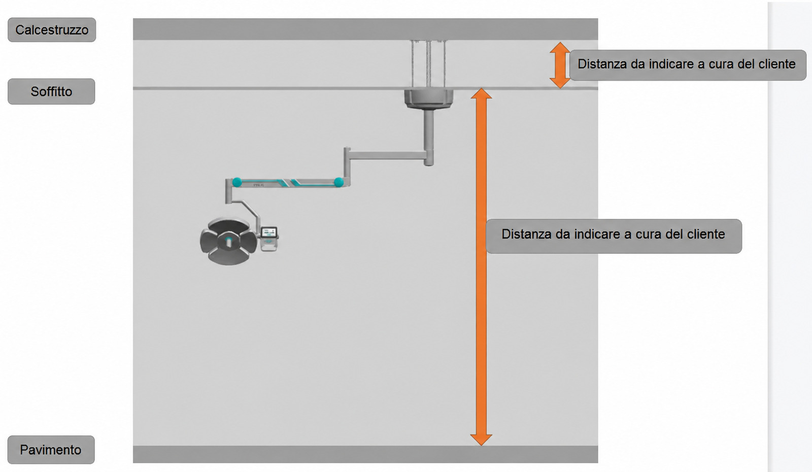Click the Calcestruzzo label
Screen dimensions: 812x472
coord(52,30)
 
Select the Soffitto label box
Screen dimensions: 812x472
coord(51,91)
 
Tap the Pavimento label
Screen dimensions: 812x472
coord(51,450)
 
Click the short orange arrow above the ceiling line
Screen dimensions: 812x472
coord(560,65)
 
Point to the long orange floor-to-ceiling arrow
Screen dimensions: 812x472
coord(481,267)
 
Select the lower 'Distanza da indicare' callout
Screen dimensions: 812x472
coord(614,236)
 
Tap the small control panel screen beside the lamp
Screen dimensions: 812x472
coord(269,232)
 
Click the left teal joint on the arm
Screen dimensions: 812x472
coord(237,182)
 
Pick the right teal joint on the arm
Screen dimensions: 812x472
coord(339,182)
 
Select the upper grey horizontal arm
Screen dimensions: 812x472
coord(388,156)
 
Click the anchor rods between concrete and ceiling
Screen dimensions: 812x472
coord(428,64)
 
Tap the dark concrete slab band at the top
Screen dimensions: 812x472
coord(365,29)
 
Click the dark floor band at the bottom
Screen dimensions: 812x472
coord(365,454)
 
